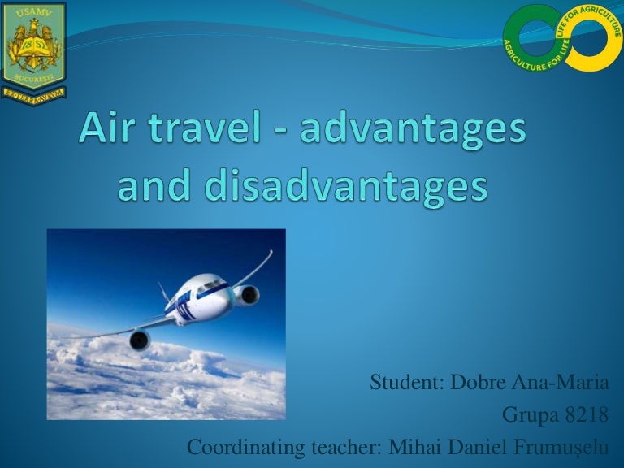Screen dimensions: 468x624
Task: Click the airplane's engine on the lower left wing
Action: pyautogui.click(x=139, y=340)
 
